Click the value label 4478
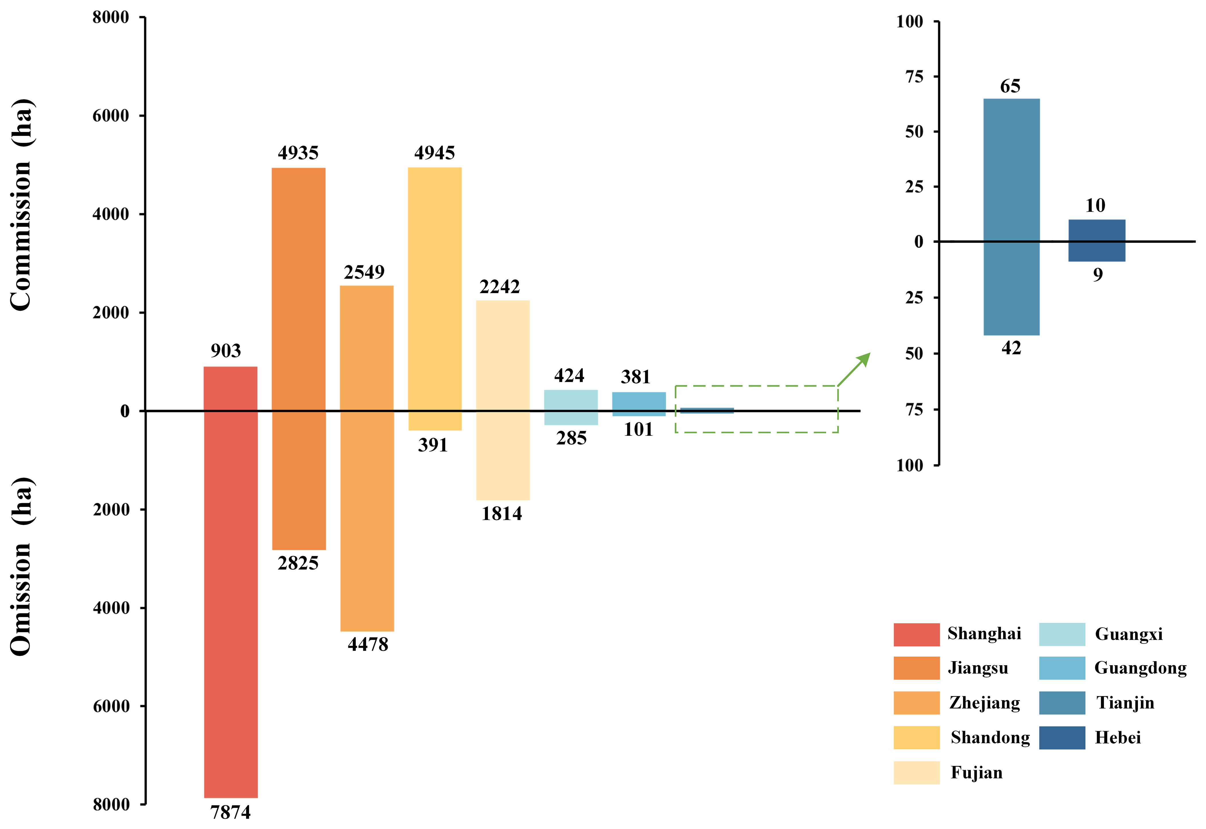click(x=368, y=645)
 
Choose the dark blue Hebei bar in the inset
click(x=1096, y=240)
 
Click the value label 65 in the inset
click(x=1010, y=86)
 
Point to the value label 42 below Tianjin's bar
click(x=1011, y=348)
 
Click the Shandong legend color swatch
click(x=916, y=737)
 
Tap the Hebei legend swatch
click(x=1062, y=737)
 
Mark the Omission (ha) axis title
click(x=22, y=566)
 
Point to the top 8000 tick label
click(x=111, y=18)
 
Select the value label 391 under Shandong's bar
click(x=433, y=445)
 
